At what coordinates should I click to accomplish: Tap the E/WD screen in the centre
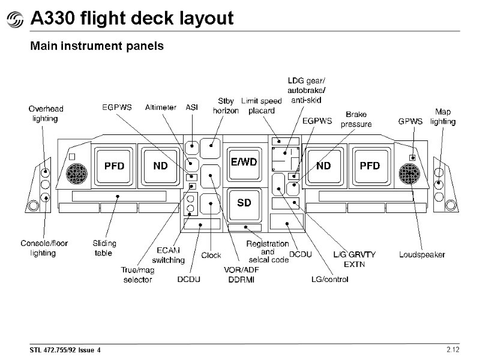pos(244,163)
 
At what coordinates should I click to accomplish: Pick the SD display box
pos(244,203)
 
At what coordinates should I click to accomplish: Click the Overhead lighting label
pos(46,113)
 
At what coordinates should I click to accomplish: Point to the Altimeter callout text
pos(161,107)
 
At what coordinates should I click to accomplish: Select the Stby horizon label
pos(226,106)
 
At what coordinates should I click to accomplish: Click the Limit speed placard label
pos(262,106)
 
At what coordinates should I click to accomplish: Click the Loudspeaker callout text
pos(422,254)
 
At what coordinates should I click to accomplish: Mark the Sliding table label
pos(104,248)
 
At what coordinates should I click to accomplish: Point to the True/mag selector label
pos(137,275)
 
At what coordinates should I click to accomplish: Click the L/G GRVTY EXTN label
pos(354,259)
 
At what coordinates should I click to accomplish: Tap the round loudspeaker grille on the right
pos(412,175)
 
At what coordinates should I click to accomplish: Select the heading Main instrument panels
pos(97,46)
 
